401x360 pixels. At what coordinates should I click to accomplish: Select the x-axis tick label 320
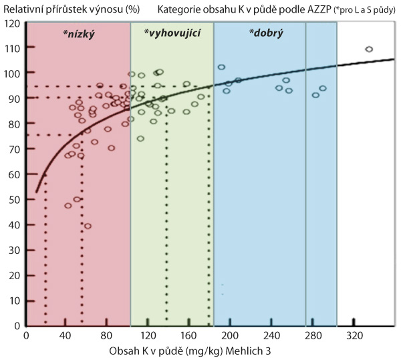coord(354,335)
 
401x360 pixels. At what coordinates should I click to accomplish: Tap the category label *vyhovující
coord(173,32)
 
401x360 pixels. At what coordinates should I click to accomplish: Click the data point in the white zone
coord(369,49)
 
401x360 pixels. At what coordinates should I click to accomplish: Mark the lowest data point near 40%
coord(88,226)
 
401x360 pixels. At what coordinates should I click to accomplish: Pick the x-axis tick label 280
coord(313,335)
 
